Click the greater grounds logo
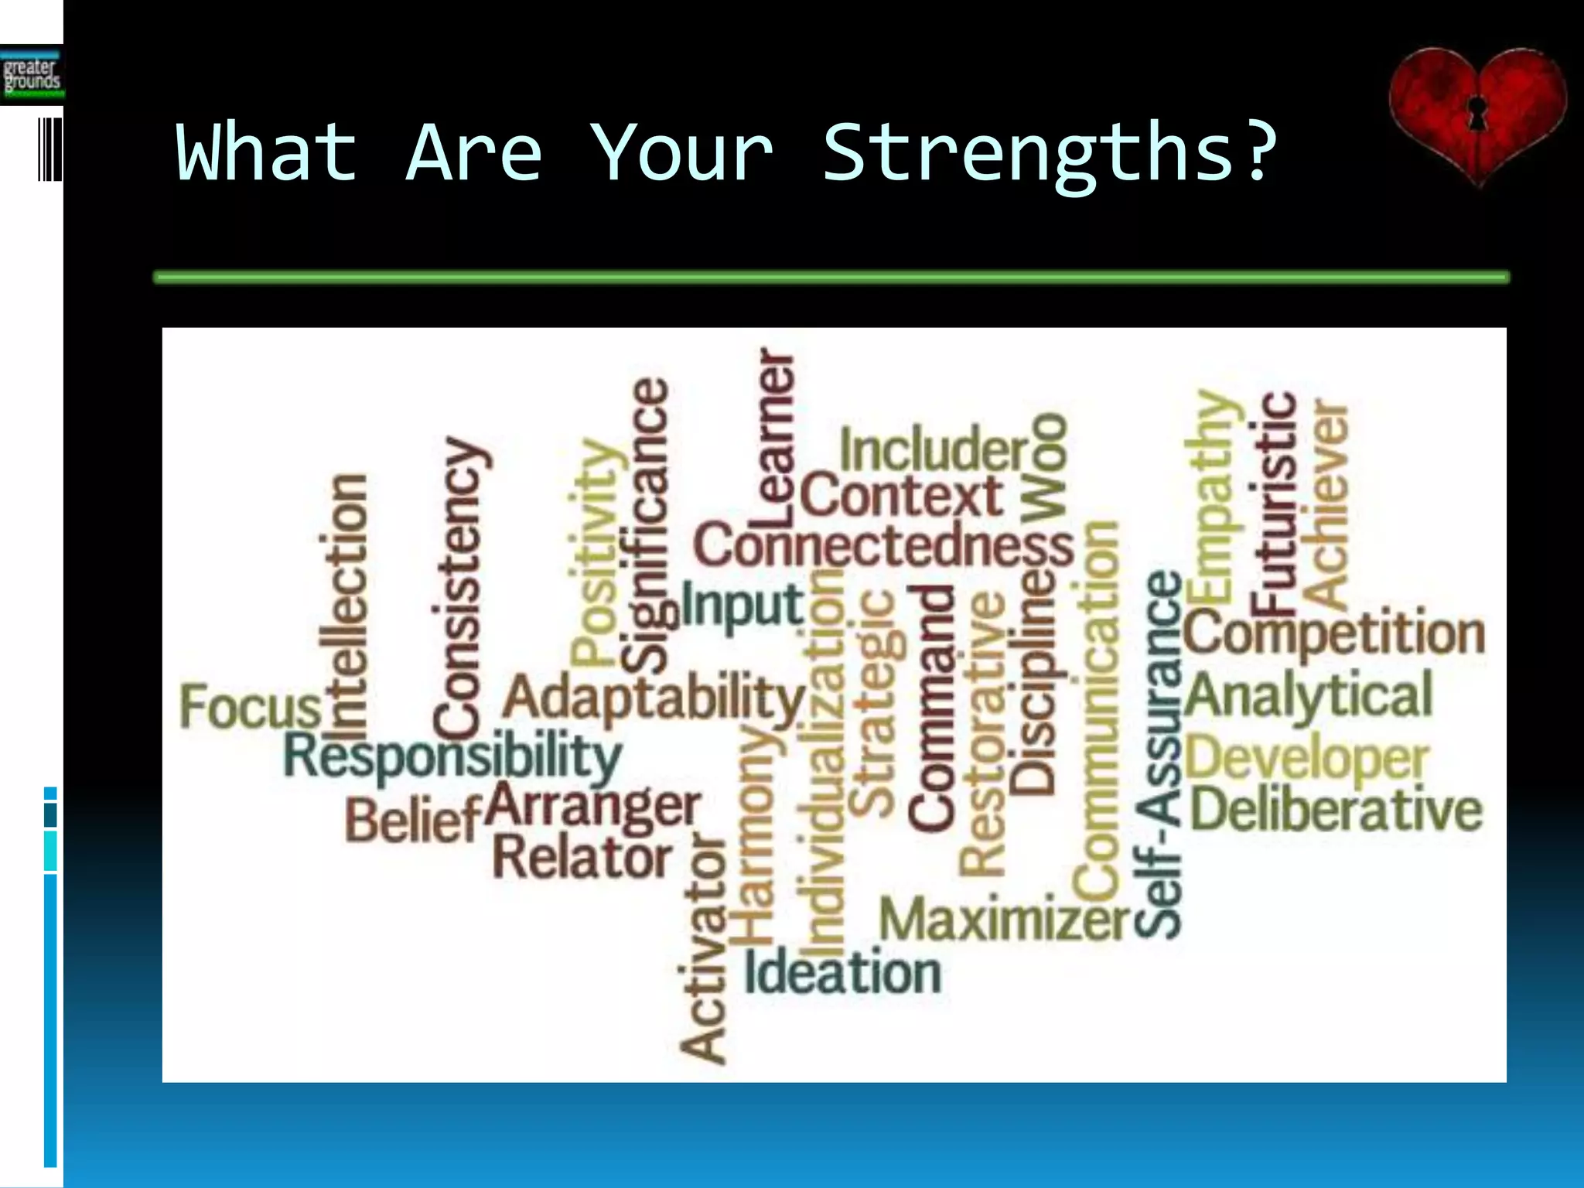[x=31, y=75]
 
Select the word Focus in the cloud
[x=250, y=707]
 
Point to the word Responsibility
[x=452, y=756]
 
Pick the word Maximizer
[x=1005, y=920]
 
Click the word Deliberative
[x=1336, y=810]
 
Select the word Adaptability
[x=654, y=698]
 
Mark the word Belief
[x=413, y=821]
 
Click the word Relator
[x=582, y=858]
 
